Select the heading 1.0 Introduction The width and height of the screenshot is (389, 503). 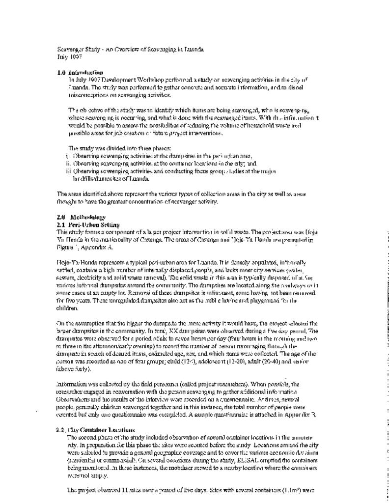click(x=80, y=72)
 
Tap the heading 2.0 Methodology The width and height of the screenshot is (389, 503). click(x=81, y=217)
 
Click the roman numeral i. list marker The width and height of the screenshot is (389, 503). click(x=67, y=156)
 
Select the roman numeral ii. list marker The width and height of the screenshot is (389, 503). click(x=68, y=164)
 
